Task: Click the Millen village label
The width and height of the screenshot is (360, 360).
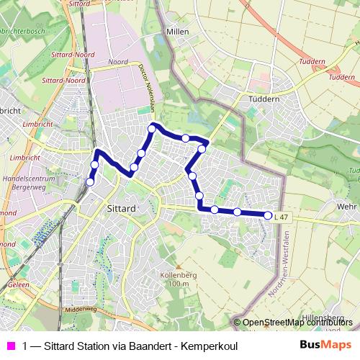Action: [x=176, y=32]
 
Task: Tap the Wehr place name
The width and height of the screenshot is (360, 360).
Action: [x=347, y=205]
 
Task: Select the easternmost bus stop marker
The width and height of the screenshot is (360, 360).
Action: [x=268, y=215]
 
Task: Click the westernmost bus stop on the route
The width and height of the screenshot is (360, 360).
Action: [x=90, y=182]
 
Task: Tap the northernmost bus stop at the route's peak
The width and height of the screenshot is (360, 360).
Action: [x=152, y=128]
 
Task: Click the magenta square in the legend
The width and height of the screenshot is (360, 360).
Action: [x=10, y=346]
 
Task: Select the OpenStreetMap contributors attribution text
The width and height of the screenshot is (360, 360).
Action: [x=297, y=323]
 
